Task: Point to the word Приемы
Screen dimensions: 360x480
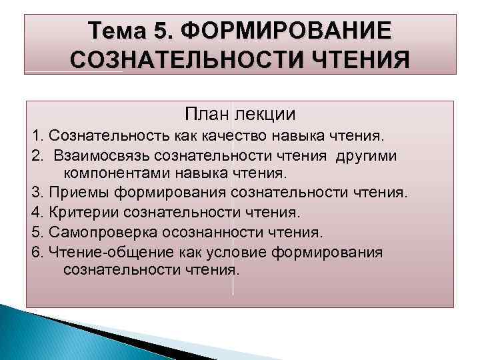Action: coord(74,193)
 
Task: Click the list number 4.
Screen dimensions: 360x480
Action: coord(35,213)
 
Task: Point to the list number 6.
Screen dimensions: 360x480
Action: coord(35,251)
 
